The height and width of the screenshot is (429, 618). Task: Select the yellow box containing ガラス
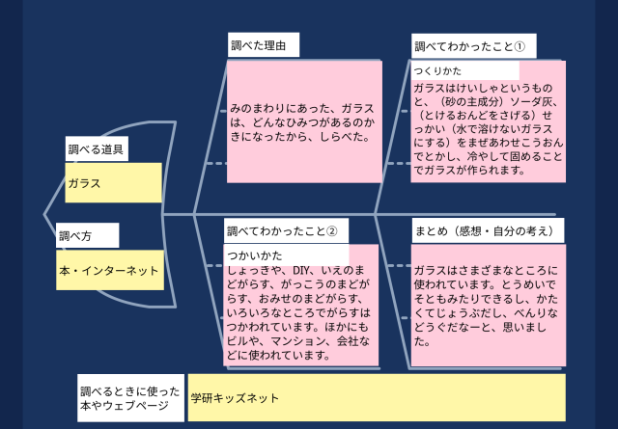(x=113, y=182)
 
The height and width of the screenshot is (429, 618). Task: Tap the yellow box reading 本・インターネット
(x=109, y=271)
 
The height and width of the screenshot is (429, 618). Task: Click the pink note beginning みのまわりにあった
(x=302, y=122)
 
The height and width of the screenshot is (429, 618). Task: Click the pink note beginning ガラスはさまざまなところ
(x=487, y=307)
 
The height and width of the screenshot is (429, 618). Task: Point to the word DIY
(x=302, y=273)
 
